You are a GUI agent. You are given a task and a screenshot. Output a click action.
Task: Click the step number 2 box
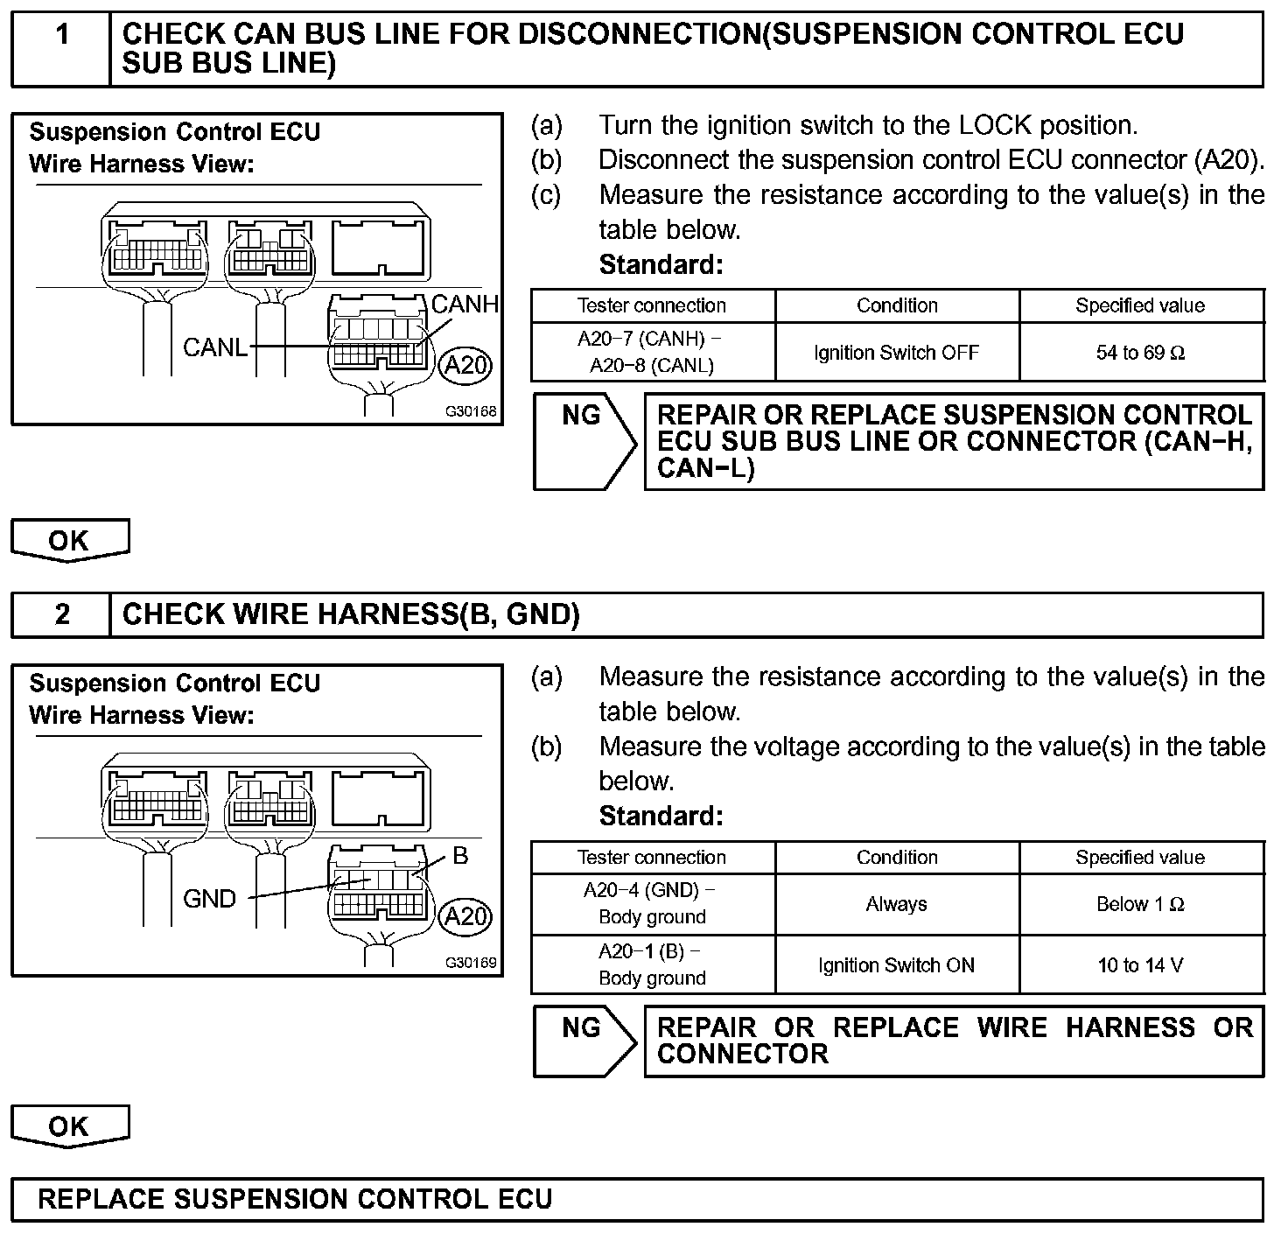tap(61, 614)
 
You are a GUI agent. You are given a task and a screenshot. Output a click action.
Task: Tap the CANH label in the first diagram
tap(465, 305)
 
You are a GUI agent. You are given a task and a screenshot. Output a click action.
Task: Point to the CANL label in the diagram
tap(215, 347)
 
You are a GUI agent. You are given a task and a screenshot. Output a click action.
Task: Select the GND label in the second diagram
tap(209, 899)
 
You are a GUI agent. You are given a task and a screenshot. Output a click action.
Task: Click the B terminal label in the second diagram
tap(460, 856)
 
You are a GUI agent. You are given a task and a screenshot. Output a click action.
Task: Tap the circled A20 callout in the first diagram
tap(465, 365)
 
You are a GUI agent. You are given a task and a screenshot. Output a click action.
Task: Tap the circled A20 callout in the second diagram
tap(465, 916)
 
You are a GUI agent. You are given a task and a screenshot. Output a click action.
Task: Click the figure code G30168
tap(471, 411)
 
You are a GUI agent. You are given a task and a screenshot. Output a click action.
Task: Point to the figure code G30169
tap(471, 963)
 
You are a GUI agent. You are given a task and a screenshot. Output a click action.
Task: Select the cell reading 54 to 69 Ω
tap(1141, 353)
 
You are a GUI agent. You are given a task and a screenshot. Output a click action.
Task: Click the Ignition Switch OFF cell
tap(897, 353)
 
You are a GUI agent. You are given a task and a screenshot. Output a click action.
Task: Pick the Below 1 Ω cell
tap(1141, 904)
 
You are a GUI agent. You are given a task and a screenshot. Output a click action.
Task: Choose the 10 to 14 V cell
tap(1141, 965)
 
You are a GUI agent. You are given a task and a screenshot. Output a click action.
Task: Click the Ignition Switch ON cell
tap(897, 965)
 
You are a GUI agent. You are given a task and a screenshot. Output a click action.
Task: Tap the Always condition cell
tap(897, 904)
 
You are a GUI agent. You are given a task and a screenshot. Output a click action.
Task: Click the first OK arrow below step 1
tap(70, 540)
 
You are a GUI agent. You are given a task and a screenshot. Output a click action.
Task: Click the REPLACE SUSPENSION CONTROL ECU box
tap(637, 1199)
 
